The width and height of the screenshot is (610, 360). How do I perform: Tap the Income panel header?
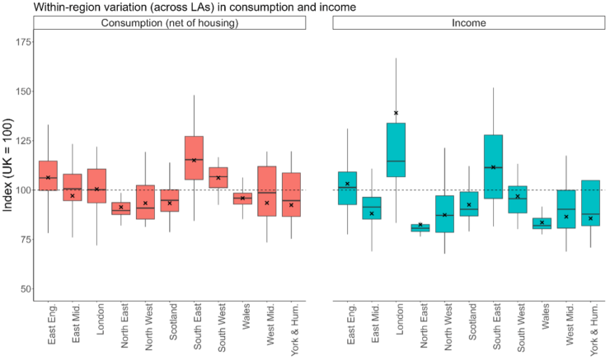tap(469, 22)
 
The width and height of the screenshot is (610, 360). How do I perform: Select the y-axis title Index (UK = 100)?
tap(8, 165)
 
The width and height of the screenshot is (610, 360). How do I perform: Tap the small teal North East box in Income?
tap(420, 228)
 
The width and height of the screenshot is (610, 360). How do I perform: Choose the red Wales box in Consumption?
tap(242, 199)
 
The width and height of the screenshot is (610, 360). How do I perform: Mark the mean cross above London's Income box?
tap(396, 113)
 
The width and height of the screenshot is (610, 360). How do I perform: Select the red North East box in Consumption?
tap(121, 208)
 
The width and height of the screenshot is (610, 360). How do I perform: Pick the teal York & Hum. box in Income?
tap(591, 203)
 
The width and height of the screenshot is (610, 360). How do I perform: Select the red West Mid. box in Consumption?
tap(267, 191)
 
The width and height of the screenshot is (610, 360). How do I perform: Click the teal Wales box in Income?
tap(542, 223)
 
